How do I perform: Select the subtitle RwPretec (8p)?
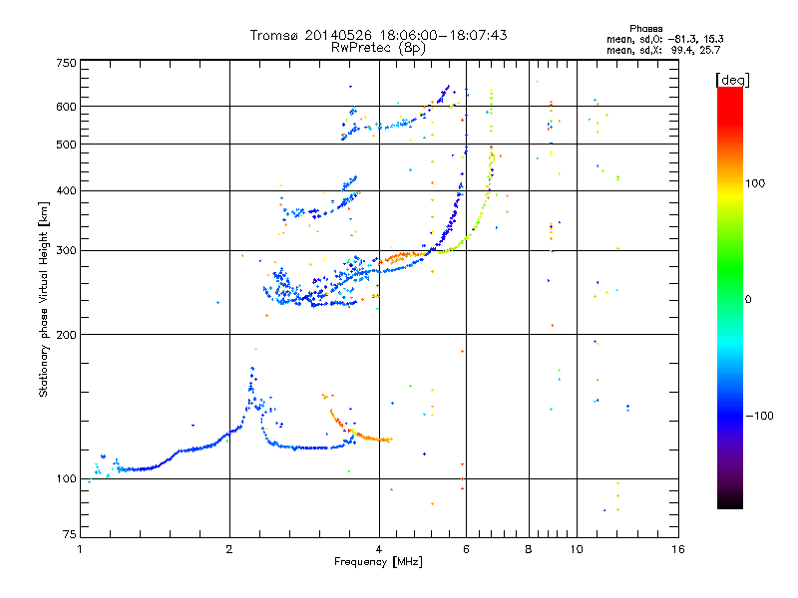tap(378, 47)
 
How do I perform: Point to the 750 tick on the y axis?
tap(65, 62)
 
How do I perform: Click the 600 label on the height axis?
tap(65, 107)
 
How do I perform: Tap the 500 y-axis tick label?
tap(65, 145)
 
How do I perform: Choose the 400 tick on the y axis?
tap(65, 191)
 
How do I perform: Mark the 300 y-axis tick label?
tap(65, 251)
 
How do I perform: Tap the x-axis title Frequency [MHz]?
tap(378, 563)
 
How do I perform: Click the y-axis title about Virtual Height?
tap(44, 300)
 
